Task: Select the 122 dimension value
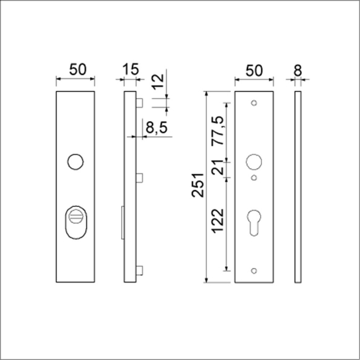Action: [218, 220]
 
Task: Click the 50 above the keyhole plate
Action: [254, 70]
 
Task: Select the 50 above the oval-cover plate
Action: [76, 70]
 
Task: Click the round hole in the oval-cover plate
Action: [75, 162]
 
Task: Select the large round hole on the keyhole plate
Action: [254, 162]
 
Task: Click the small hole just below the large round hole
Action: [254, 177]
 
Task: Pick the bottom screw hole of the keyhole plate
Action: [254, 270]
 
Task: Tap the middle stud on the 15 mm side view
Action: [139, 178]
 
